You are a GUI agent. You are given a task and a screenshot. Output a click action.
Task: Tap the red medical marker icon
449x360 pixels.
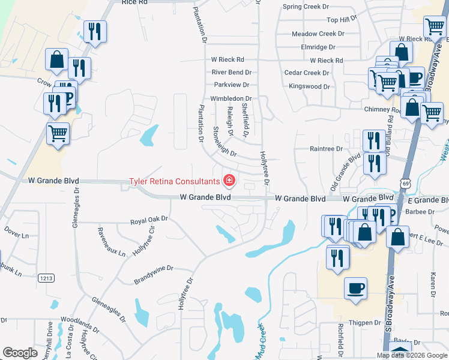pyautogui.click(x=229, y=180)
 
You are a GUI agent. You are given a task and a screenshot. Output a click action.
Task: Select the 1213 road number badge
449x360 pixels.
pyautogui.click(x=46, y=278)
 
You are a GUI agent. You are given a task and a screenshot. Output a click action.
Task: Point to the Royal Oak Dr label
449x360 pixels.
pyautogui.click(x=149, y=221)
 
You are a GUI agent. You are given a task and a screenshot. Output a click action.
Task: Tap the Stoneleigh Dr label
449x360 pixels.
pyautogui.click(x=225, y=142)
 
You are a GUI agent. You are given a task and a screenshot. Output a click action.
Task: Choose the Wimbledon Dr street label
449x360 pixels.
pyautogui.click(x=231, y=99)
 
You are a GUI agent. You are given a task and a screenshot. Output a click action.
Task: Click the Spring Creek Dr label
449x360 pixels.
pyautogui.click(x=307, y=7)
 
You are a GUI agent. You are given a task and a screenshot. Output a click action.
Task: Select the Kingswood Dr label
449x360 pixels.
pyautogui.click(x=309, y=86)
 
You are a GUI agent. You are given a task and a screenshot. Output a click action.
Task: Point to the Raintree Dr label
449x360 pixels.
pyautogui.click(x=326, y=148)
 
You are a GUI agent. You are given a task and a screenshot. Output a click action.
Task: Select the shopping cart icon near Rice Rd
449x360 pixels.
pyautogui.click(x=435, y=26)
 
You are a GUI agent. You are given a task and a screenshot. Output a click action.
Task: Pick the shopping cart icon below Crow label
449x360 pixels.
pyautogui.click(x=58, y=133)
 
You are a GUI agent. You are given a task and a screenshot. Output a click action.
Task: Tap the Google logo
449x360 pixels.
pyautogui.click(x=20, y=353)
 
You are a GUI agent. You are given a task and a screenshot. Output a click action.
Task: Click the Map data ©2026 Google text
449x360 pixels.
pyautogui.click(x=411, y=355)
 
